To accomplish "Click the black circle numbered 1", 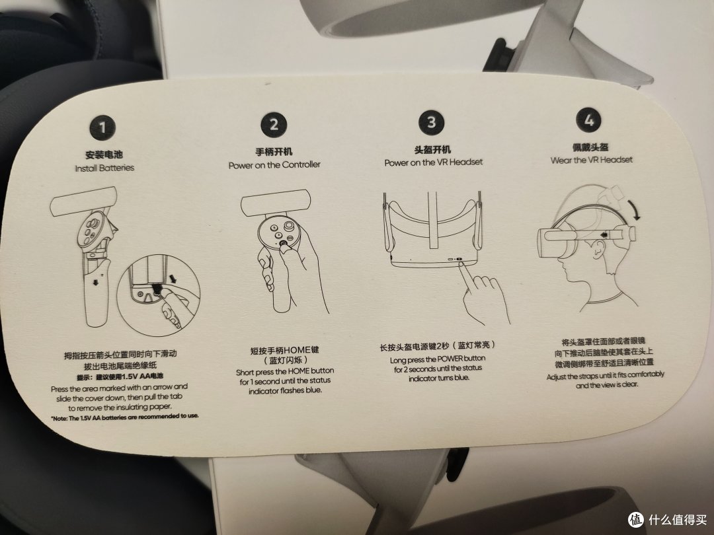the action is [x=102, y=127].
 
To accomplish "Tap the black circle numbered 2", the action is [x=274, y=125].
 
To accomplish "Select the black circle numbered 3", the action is [x=431, y=122].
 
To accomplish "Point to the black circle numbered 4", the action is [x=589, y=121].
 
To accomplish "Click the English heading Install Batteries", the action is [x=104, y=168].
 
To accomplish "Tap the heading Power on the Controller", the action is [x=274, y=164].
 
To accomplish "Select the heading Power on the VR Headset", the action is [x=434, y=162].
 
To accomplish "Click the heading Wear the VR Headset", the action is [x=592, y=160].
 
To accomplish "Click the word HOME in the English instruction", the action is [x=298, y=371].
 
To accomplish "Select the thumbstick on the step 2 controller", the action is [x=289, y=226].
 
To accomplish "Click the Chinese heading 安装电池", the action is [x=104, y=155].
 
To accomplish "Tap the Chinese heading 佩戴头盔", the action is [x=590, y=147].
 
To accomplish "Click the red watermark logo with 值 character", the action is [x=636, y=519].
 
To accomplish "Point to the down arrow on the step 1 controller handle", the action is [x=95, y=283].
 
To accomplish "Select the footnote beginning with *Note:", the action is [x=125, y=417].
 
